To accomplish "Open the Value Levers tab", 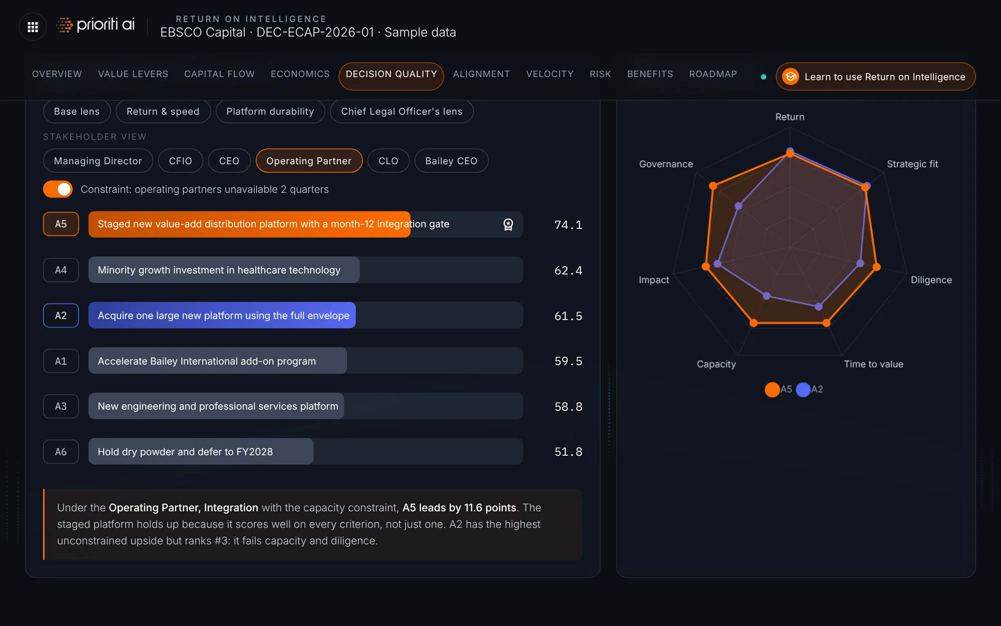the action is tap(133, 74).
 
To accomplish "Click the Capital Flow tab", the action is tap(219, 74).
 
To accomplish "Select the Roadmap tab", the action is tap(713, 74).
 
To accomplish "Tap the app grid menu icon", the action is tap(33, 27).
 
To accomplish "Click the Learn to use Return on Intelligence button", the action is tap(875, 77).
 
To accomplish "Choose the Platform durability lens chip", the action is tap(270, 111).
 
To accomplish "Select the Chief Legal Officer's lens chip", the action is tap(401, 111).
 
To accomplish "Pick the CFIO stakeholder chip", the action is tap(180, 161).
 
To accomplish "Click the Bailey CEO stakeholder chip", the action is tap(451, 161).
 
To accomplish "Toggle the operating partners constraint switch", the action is tap(58, 189).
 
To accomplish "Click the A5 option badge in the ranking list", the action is tap(61, 224).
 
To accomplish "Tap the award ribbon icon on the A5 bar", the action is tap(508, 224).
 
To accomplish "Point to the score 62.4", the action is tap(568, 270).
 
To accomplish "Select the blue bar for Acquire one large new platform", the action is tap(222, 316).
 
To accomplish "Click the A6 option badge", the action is tap(61, 452).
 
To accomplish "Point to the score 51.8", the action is tap(568, 452).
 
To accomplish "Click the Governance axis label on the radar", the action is tap(666, 164).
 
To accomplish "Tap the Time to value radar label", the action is tap(873, 364).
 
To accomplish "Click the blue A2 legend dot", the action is tap(803, 390).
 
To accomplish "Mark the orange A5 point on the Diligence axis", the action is tap(876, 267).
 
